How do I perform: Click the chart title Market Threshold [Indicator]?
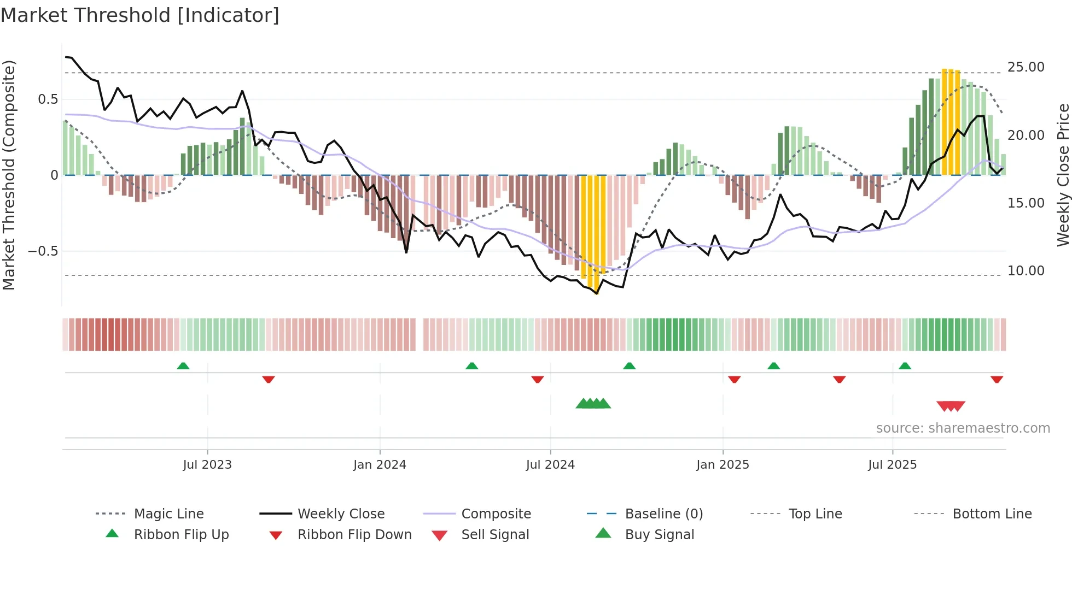click(x=140, y=15)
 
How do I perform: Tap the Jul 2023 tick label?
click(x=207, y=465)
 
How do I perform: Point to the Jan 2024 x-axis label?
click(x=380, y=465)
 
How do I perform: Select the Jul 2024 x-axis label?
click(x=550, y=465)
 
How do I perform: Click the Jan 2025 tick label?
click(x=723, y=465)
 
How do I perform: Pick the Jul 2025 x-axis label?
click(x=892, y=465)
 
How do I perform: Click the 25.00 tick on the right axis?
click(x=1026, y=67)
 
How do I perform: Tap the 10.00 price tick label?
click(x=1026, y=271)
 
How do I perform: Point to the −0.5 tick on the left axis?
click(x=43, y=251)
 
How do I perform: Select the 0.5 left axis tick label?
click(x=48, y=99)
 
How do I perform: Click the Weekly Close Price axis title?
click(x=1063, y=175)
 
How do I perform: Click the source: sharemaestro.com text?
click(x=963, y=428)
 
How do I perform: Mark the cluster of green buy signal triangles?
click(x=593, y=404)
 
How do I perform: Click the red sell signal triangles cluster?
click(x=951, y=406)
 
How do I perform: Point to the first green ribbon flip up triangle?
click(x=183, y=366)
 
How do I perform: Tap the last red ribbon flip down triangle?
click(x=997, y=379)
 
